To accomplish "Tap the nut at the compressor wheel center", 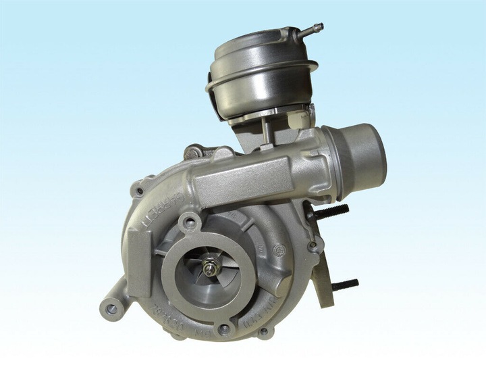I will point(213,268).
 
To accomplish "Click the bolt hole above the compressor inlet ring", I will point(192,221).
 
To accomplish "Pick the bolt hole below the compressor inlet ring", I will point(223,328).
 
